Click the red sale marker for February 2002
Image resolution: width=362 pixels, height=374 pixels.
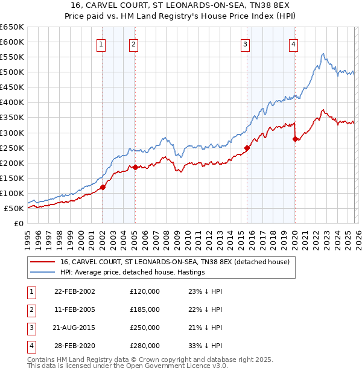pos(103,187)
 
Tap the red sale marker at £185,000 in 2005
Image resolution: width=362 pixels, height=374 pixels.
pos(135,167)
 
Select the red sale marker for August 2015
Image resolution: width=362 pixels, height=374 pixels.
pos(247,148)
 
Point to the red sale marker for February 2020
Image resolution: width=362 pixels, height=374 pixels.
pos(295,139)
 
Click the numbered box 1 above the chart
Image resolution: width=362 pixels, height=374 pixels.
pos(101,43)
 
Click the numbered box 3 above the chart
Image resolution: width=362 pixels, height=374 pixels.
pos(245,43)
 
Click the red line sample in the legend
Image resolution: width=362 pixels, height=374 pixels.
pos(42,262)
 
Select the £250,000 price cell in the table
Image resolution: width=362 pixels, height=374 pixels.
pos(144,329)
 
